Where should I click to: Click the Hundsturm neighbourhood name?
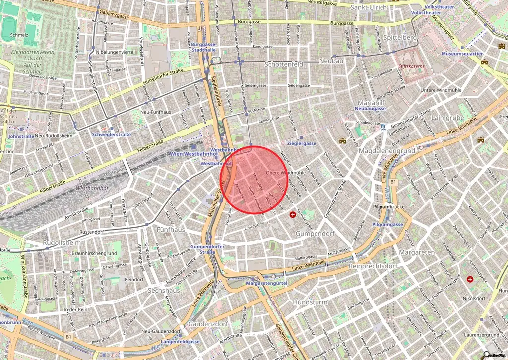click(310, 301)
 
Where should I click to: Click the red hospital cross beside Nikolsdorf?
click(470, 280)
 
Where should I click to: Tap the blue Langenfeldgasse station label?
click(180, 342)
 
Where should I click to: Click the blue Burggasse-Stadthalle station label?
click(204, 47)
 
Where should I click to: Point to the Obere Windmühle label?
click(286, 173)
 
